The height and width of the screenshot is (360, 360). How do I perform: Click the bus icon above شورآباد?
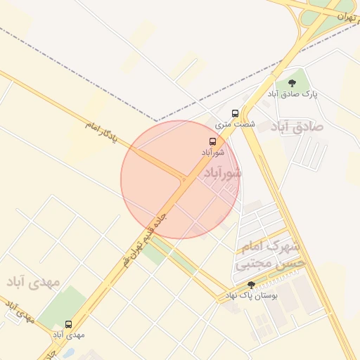click(x=213, y=141)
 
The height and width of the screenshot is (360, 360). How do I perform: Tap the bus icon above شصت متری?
click(x=235, y=112)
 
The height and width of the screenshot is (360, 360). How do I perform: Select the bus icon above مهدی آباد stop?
click(x=68, y=324)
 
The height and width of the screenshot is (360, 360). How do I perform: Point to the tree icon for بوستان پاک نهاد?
click(x=251, y=285)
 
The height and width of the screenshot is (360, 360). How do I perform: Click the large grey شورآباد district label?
click(x=222, y=172)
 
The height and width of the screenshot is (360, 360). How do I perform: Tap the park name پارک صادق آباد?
click(x=292, y=94)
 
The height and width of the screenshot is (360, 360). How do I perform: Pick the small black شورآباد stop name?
click(x=213, y=152)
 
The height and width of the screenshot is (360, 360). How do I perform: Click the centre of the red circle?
click(x=180, y=179)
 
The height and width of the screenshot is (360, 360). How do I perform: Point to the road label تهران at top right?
click(x=344, y=16)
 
